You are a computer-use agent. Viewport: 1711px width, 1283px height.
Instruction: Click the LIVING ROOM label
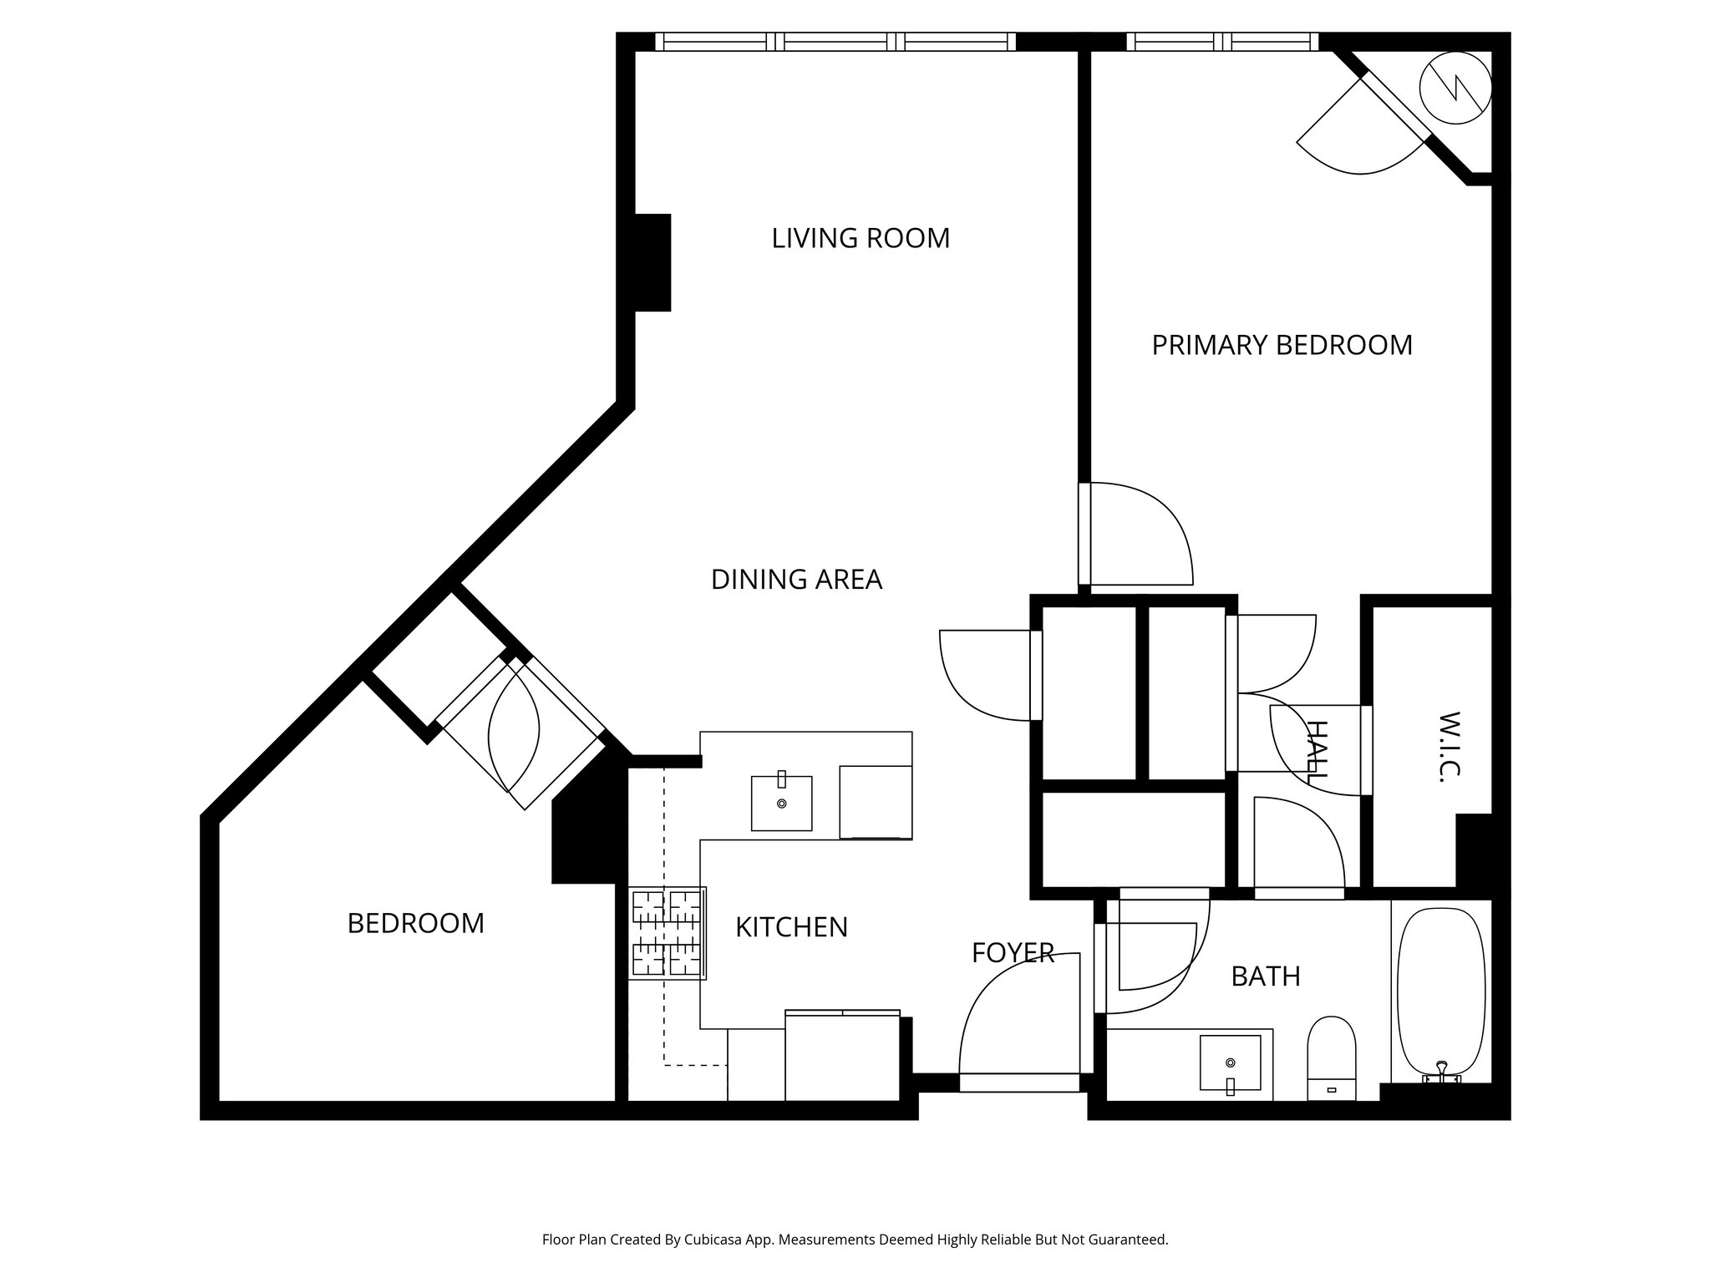(x=861, y=238)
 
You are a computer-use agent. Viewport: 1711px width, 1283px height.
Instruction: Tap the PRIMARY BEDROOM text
(x=1282, y=345)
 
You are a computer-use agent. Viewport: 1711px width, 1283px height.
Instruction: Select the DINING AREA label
(x=796, y=579)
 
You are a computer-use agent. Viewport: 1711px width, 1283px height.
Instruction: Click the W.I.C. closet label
(x=1449, y=747)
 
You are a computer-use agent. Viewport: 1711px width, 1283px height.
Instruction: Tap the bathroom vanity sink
(x=1230, y=1062)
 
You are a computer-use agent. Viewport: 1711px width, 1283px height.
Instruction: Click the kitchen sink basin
(x=781, y=803)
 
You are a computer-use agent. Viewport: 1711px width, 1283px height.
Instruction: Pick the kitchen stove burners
(x=668, y=933)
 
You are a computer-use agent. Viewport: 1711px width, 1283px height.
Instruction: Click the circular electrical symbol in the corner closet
(x=1456, y=89)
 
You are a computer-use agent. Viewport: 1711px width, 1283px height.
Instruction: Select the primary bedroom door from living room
(x=1136, y=535)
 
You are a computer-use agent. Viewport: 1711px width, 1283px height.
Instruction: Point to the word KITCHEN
(x=791, y=927)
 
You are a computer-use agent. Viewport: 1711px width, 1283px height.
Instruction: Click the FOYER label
(x=1013, y=953)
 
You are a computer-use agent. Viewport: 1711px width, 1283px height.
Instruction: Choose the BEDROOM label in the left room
(x=415, y=923)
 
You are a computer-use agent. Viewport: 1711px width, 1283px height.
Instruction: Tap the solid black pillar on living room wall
(x=653, y=262)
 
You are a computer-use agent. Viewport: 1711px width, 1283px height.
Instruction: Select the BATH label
(x=1266, y=976)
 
